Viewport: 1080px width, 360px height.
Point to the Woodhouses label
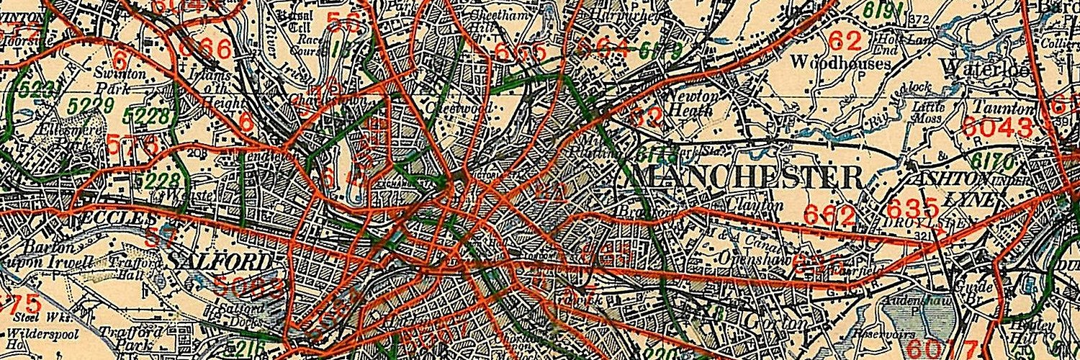coord(840,63)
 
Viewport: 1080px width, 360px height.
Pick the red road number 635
coord(912,208)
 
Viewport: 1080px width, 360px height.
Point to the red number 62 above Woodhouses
coord(844,39)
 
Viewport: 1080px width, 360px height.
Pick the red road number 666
coord(204,50)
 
